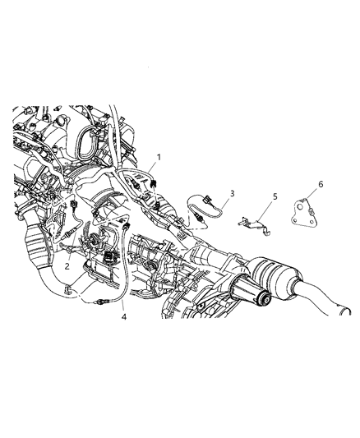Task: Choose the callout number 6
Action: tap(298, 185)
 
